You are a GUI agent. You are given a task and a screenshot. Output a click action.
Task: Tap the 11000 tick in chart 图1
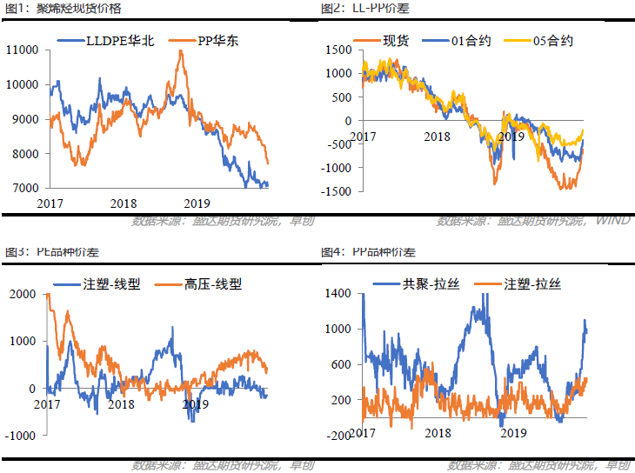[23, 50]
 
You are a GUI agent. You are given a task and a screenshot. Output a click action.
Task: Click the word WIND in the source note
[613, 221]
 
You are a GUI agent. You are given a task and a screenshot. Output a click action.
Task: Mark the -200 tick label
[338, 435]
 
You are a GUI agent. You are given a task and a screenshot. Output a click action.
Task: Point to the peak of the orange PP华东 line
[180, 51]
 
